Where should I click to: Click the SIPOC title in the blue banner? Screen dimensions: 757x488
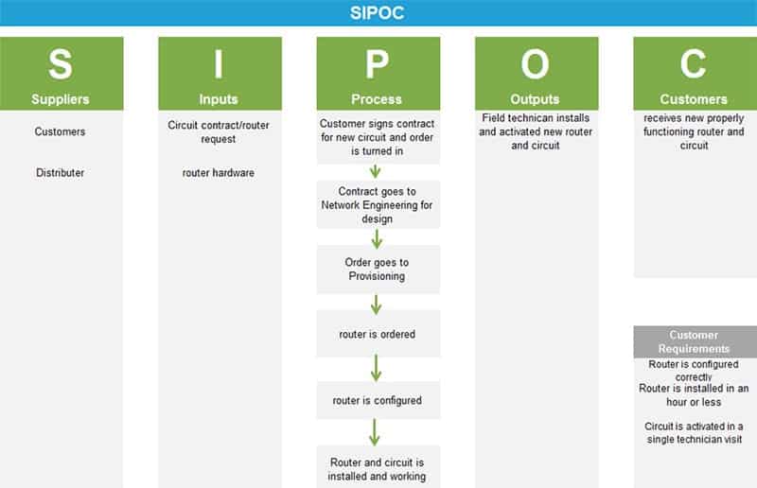pos(377,12)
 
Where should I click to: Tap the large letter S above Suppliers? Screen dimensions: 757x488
pos(61,64)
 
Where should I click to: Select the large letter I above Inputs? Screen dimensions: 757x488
pos(219,64)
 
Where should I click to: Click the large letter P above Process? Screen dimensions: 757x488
pos(377,64)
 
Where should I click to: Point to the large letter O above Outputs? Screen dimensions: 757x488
pos(535,64)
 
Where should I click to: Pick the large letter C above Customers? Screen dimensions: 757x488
pos(694,64)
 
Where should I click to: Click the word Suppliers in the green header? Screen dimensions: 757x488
pos(61,99)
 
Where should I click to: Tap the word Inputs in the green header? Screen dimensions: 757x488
pos(219,99)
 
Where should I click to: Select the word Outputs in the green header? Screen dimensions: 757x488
pos(535,99)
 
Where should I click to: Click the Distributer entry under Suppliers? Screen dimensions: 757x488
pos(60,172)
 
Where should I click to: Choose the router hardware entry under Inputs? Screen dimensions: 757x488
pos(219,172)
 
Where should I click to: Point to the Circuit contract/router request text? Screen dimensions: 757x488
pos(219,131)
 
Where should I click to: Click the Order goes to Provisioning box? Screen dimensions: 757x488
pos(378,270)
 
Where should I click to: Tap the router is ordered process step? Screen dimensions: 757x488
pos(378,334)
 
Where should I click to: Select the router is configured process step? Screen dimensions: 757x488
pos(378,400)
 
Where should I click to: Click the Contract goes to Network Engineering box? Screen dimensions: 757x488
pos(378,204)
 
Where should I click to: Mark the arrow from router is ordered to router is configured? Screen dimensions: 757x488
pos(376,368)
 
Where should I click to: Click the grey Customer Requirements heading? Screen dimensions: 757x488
pos(695,341)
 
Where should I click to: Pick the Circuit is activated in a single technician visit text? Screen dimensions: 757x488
pos(695,432)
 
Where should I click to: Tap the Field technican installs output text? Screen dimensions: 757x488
pos(536,131)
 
